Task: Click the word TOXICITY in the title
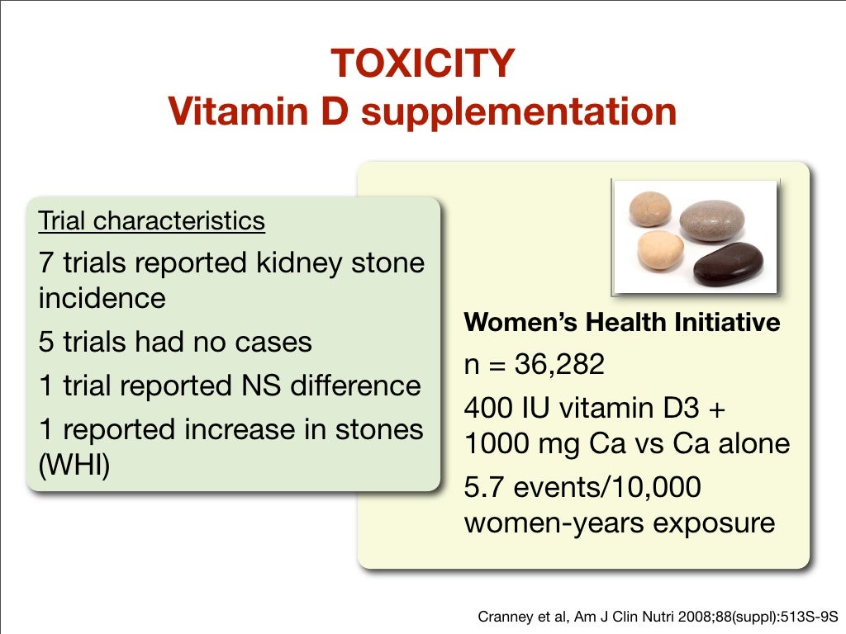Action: click(422, 64)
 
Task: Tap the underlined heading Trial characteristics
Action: click(151, 221)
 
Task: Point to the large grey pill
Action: click(711, 220)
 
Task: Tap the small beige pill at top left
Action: click(651, 208)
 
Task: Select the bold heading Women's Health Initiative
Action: click(621, 322)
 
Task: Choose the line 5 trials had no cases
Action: click(175, 342)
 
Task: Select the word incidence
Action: click(102, 297)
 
